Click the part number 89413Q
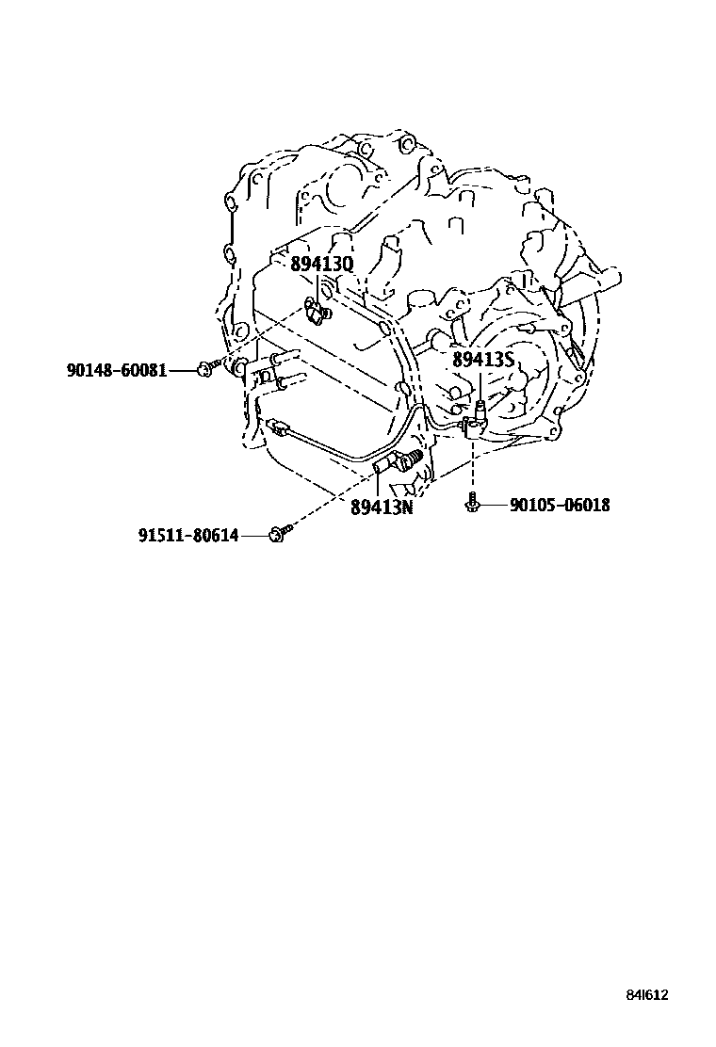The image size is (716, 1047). point(321,265)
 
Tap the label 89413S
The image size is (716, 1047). point(482,360)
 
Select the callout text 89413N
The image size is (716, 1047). point(382,507)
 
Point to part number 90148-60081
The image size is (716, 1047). point(117,371)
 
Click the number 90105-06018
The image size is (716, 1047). point(560,506)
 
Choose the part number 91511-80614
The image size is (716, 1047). point(188,535)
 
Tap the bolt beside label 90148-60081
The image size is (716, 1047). point(206,369)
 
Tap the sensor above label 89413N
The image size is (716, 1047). point(404,459)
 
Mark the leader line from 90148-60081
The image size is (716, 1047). point(183,371)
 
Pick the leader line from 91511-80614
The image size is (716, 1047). point(252,535)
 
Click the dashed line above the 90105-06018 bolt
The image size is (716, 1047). point(471,466)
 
